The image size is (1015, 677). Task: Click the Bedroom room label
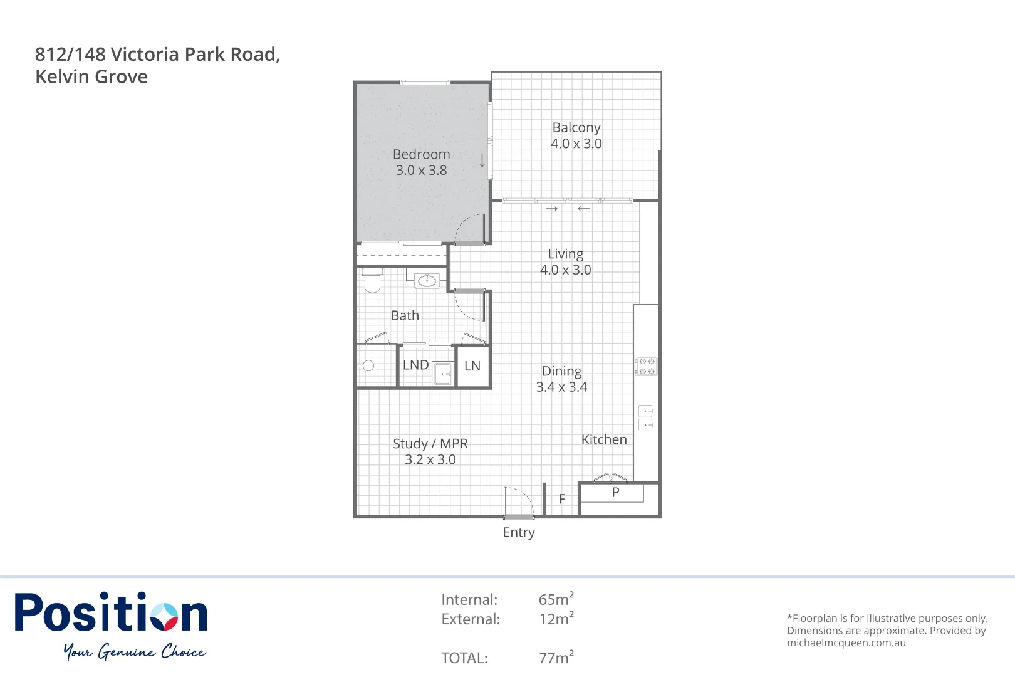coord(421,154)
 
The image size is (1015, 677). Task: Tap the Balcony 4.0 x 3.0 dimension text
coord(576,144)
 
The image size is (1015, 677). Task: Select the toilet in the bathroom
coord(372,281)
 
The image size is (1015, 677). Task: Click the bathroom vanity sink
coord(427,280)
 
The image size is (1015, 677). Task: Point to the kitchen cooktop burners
coord(646,366)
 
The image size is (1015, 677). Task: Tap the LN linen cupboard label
coord(472,366)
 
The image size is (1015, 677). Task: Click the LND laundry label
coord(415,365)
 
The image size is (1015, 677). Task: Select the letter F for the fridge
coord(562,499)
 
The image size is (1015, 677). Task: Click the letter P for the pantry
coord(615,493)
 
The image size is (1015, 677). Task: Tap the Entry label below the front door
coord(519,532)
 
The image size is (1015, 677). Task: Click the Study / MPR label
coord(430,444)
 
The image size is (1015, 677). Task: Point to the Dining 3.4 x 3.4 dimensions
coord(561,387)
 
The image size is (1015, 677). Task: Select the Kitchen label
coord(604,440)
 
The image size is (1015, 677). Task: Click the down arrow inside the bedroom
coord(482,160)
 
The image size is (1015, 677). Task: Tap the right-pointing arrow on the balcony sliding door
coord(551,209)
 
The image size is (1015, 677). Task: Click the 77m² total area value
coord(556,657)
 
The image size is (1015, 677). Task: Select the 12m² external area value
coord(556,619)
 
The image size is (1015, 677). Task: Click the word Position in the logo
coord(111,613)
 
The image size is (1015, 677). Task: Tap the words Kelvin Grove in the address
coord(91,76)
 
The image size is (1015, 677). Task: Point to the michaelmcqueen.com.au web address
coord(846,643)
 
